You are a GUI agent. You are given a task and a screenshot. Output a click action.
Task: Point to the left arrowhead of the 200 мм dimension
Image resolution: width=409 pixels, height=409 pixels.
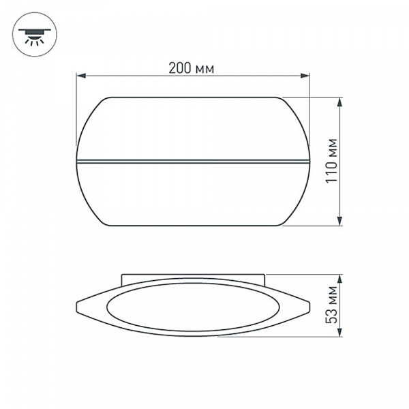point(79,76)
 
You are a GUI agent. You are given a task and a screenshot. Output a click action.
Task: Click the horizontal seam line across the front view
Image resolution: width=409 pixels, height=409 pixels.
point(193,162)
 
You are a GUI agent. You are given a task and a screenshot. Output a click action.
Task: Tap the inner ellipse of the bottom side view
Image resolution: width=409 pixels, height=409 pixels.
point(193,307)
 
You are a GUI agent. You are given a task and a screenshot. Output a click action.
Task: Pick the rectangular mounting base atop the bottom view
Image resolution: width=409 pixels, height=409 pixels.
point(193,277)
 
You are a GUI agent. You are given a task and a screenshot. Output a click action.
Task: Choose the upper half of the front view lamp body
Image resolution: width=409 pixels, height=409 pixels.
point(193,130)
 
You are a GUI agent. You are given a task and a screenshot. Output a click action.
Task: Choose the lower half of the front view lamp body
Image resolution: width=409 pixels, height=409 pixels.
point(193,194)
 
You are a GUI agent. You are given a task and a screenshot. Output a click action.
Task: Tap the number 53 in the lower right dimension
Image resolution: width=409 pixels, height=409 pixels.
point(332,315)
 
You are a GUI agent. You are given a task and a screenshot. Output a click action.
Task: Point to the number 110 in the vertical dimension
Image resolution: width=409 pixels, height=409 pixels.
point(332,174)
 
